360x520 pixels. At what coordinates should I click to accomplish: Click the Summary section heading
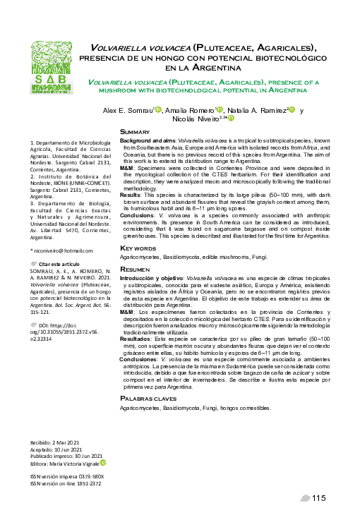coord(135,132)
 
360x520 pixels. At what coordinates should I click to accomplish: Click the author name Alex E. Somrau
coord(128,111)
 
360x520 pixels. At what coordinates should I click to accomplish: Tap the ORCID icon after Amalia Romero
coord(220,110)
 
